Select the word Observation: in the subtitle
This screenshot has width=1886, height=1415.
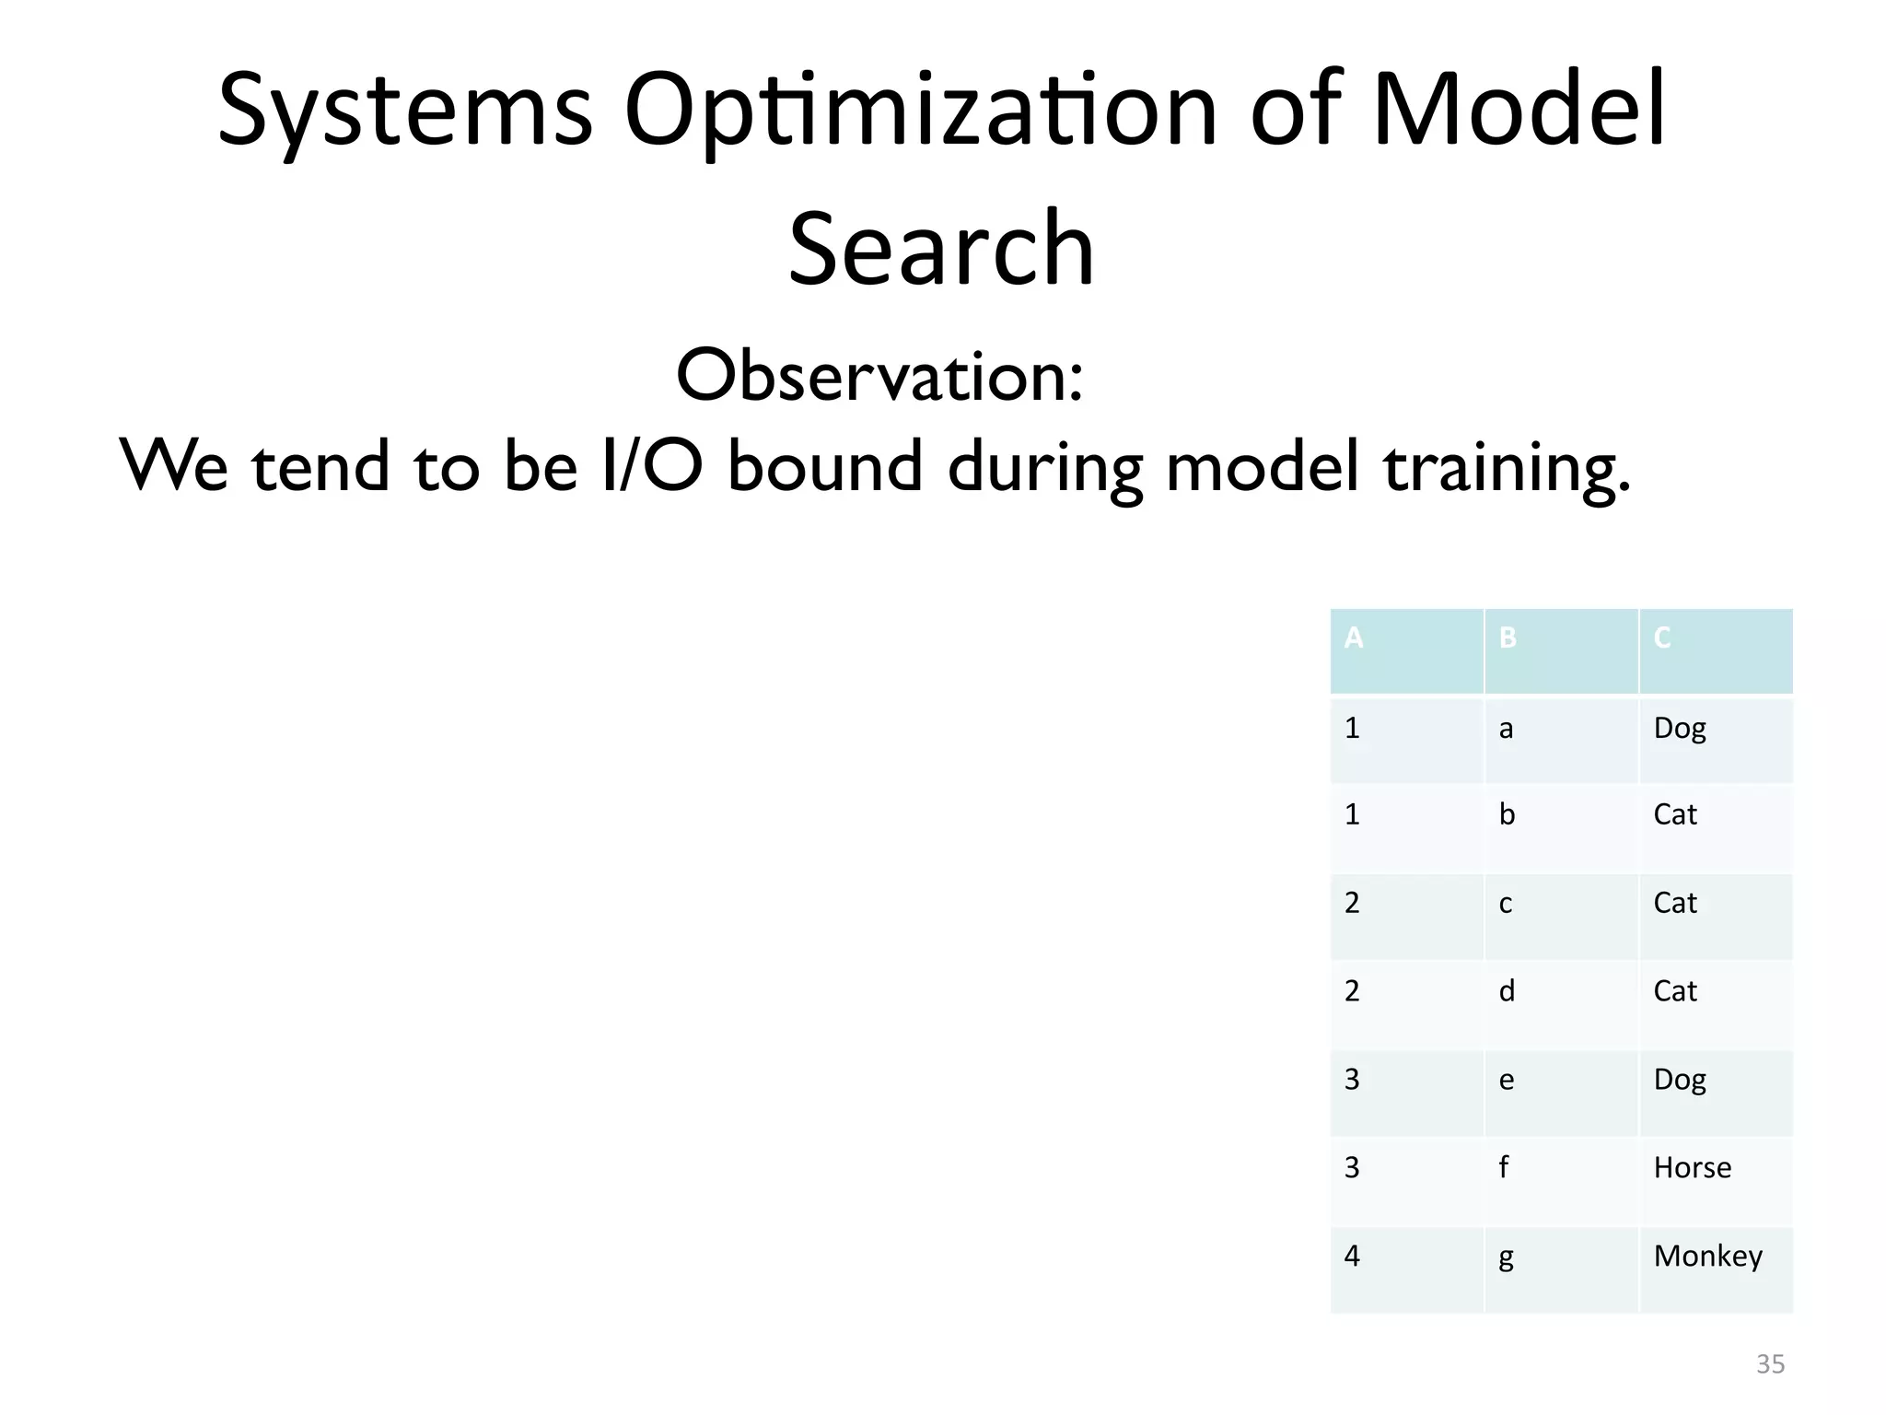[x=879, y=376]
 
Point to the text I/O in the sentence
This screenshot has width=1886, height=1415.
[x=652, y=465]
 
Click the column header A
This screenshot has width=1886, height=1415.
[x=1353, y=637]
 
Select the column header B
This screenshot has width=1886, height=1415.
[x=1508, y=637]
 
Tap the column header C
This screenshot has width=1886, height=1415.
[x=1662, y=637]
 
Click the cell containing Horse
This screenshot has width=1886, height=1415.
[x=1692, y=1168]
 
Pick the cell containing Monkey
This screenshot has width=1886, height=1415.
[x=1707, y=1257]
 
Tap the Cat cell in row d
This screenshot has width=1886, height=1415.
[x=1674, y=991]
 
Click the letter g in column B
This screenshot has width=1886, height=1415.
[x=1506, y=1258]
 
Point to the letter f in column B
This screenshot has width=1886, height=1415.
[x=1503, y=1168]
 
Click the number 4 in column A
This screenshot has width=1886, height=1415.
[x=1352, y=1257]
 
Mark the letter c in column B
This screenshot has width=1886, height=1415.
[x=1506, y=904]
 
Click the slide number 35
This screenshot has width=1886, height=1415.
[x=1770, y=1364]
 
